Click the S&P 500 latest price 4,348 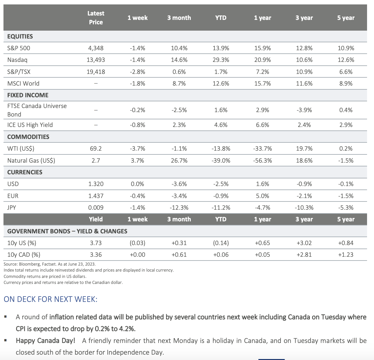96,48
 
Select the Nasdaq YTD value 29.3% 221,60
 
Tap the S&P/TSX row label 19,72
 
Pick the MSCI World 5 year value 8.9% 346,83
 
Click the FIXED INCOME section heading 28,95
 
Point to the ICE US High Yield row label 30,125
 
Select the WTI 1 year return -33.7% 262,148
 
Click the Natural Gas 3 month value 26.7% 179,160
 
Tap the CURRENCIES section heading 25,172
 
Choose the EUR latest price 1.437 96,196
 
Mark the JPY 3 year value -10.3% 304,207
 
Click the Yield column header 96,219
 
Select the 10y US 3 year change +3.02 304,243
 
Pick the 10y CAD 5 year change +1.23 346,255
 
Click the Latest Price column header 96,18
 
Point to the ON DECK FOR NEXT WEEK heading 51,299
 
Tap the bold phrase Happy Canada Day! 45,341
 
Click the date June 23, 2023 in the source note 81,264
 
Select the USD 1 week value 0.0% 137,184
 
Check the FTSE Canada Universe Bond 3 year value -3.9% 304,110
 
